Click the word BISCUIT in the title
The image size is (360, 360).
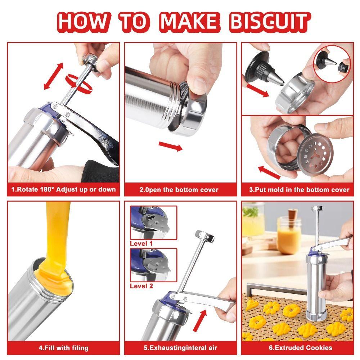coord(270,22)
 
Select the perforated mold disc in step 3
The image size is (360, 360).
coord(316,152)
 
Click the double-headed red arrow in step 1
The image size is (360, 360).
coord(54,76)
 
